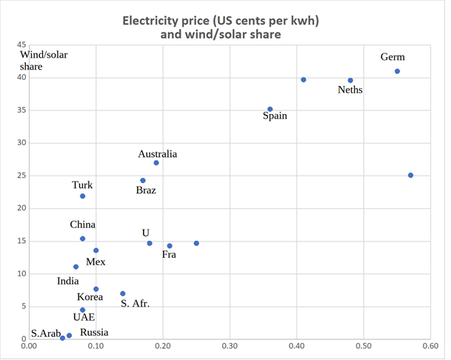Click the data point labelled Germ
tap(398, 71)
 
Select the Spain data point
tap(270, 109)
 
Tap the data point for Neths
tap(350, 80)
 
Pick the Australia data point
tap(156, 162)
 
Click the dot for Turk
tap(82, 196)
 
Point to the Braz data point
tap(143, 180)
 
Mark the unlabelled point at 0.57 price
tap(411, 175)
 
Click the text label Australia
tap(157, 154)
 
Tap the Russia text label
tap(94, 333)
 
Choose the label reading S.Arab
tap(46, 333)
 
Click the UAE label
tap(84, 316)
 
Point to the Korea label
tap(90, 297)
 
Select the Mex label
tap(96, 261)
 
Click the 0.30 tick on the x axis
tap(230, 345)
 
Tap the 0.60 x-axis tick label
tap(430, 345)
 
